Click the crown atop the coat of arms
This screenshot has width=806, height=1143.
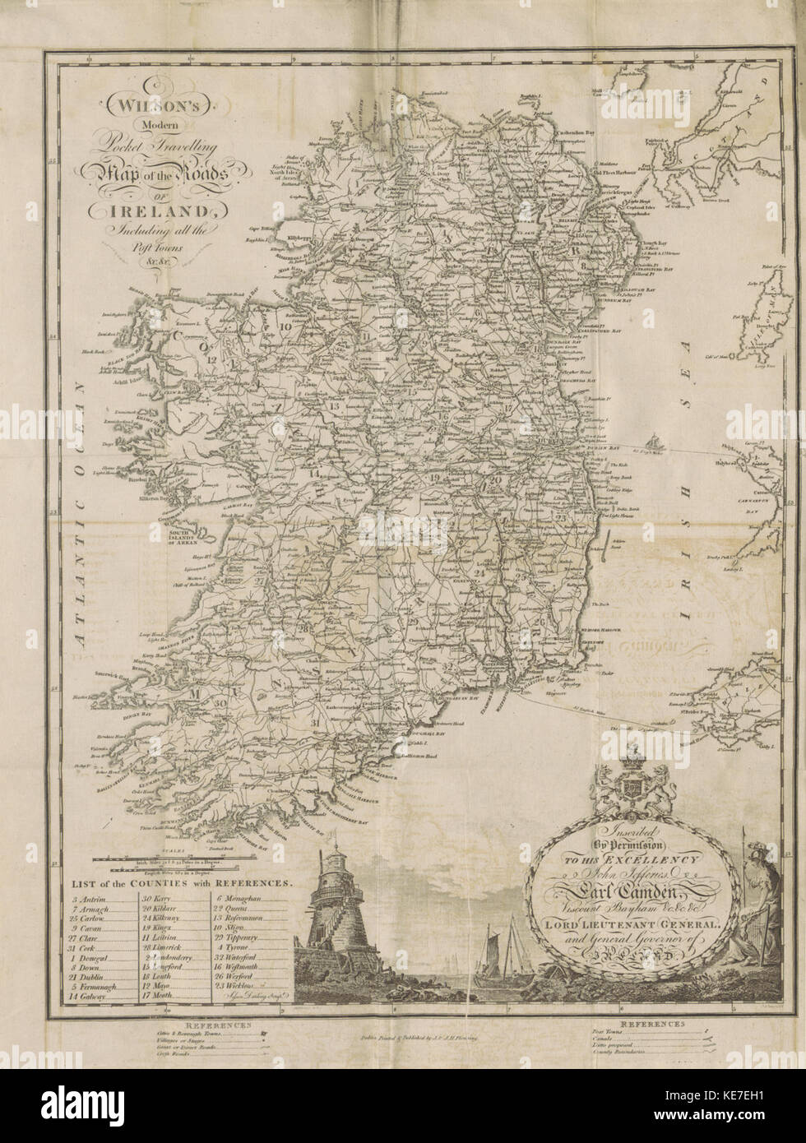click(634, 752)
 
